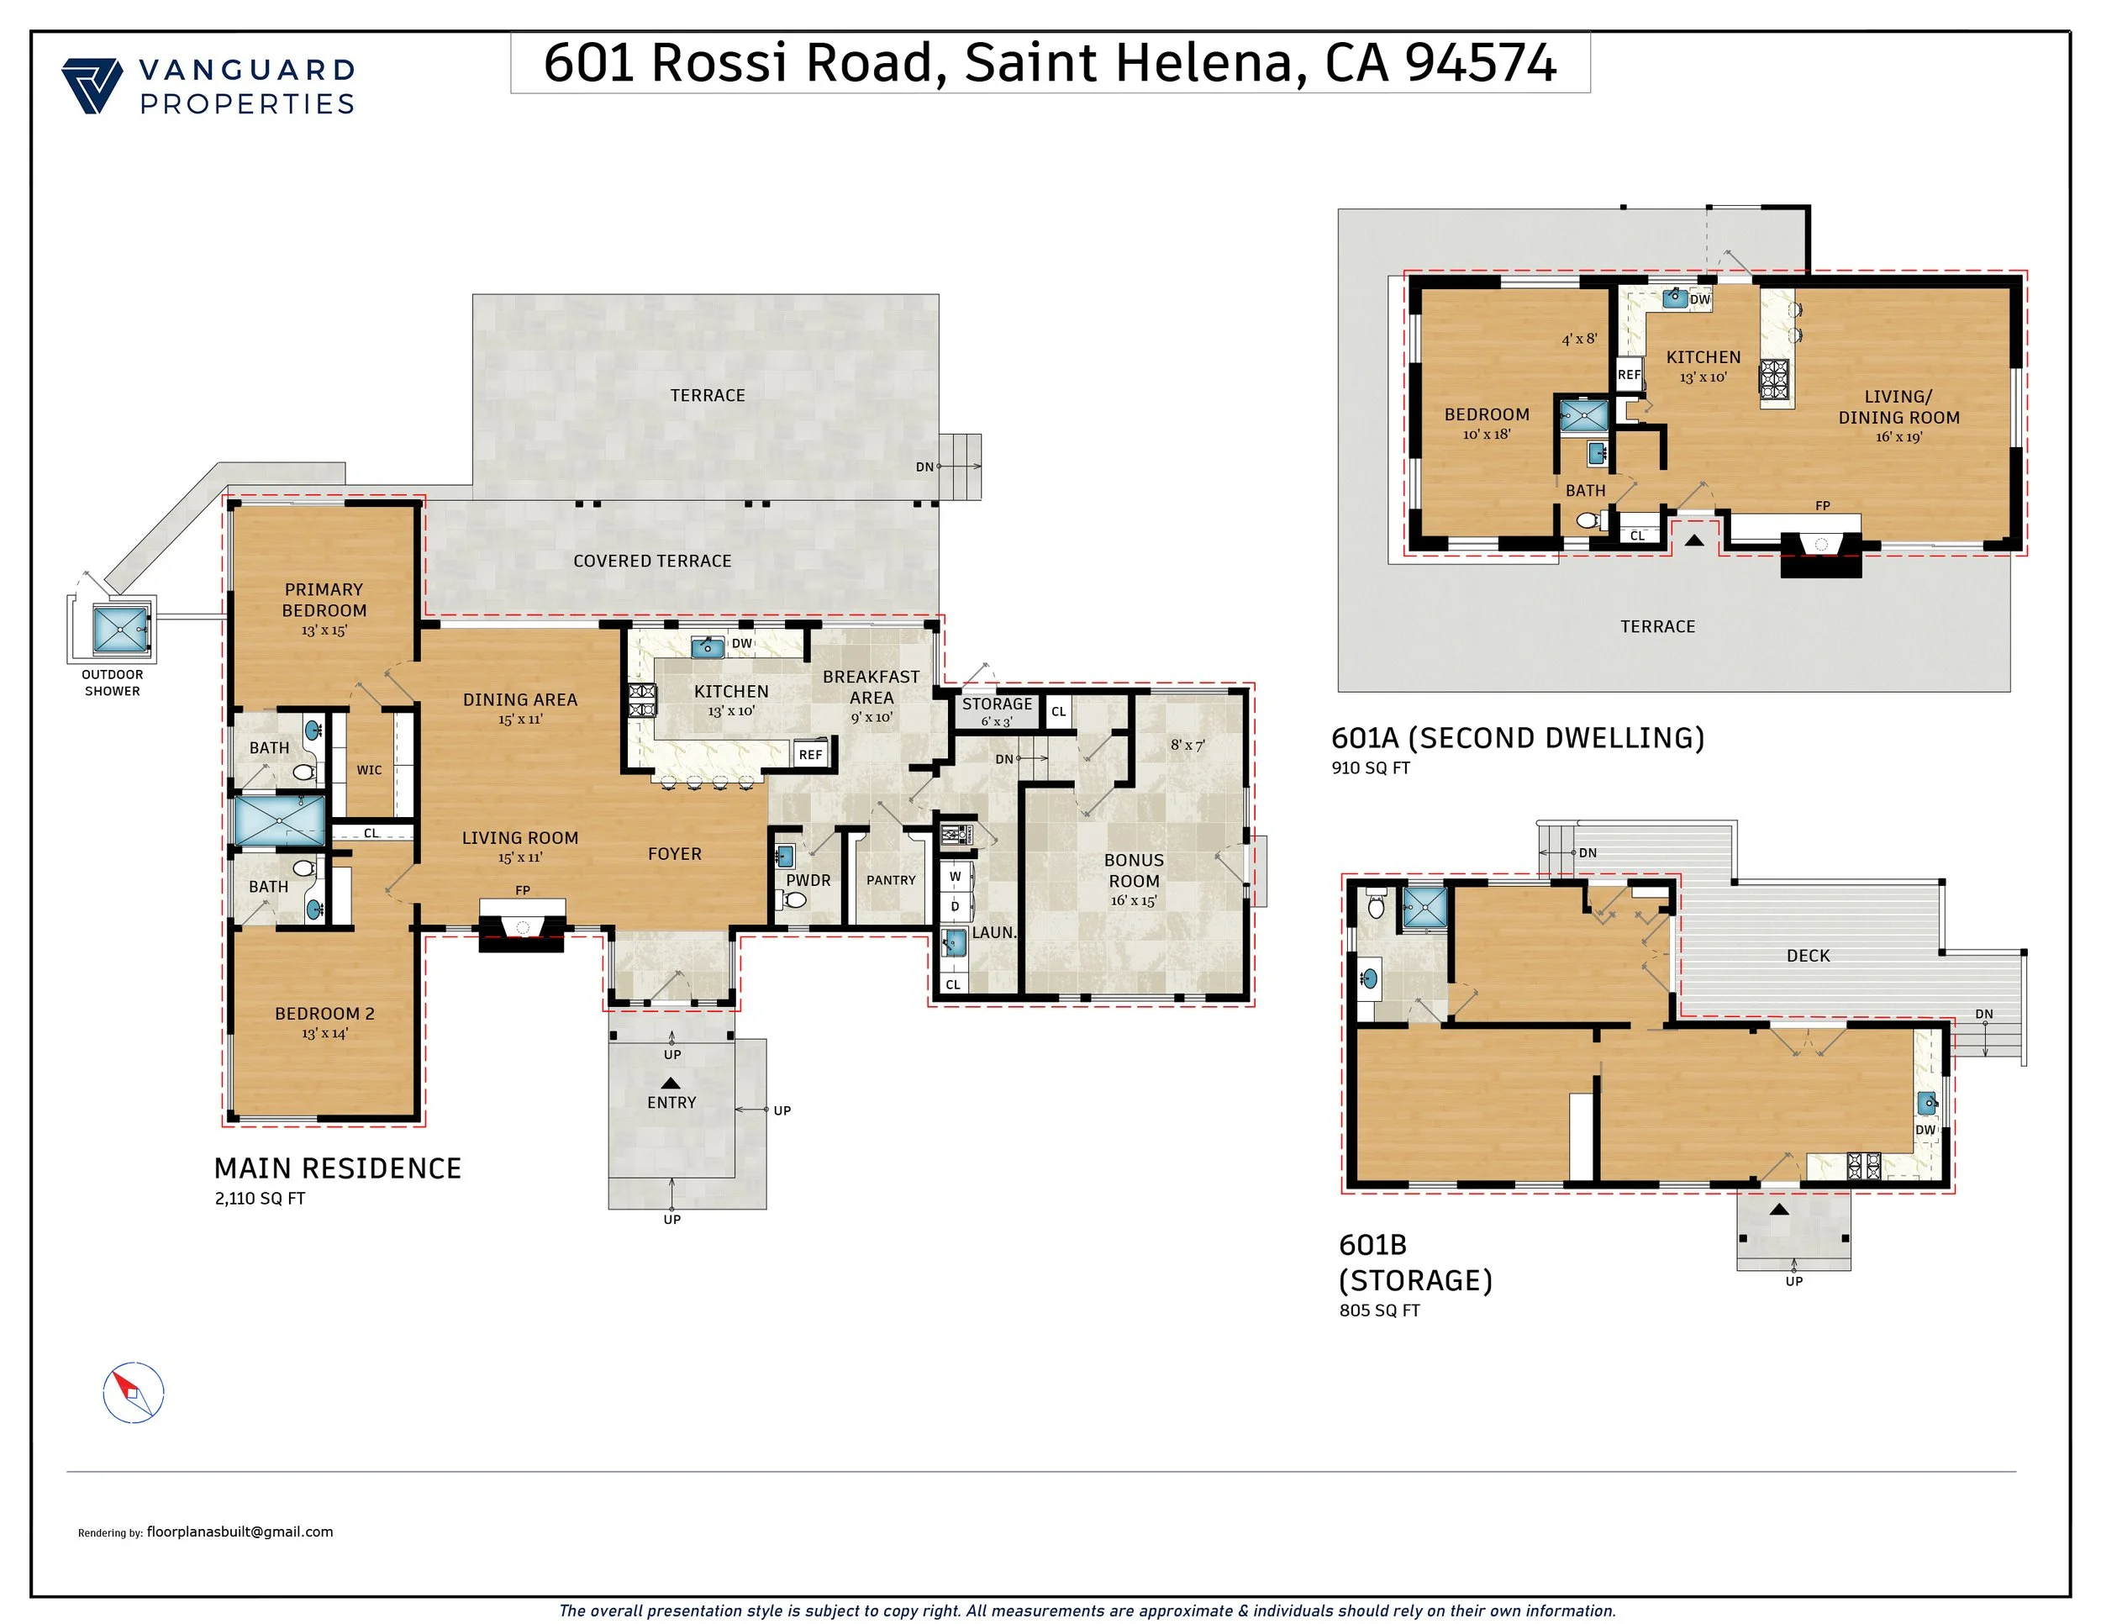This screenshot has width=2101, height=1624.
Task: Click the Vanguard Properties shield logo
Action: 92,87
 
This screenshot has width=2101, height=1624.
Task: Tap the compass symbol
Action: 134,1392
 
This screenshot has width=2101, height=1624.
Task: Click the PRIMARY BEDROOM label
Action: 324,599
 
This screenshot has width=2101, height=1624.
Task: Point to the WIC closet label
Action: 370,770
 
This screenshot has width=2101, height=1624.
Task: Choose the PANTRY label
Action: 891,880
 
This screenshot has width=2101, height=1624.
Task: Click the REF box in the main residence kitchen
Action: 811,754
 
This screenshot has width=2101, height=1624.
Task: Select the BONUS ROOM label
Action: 1135,871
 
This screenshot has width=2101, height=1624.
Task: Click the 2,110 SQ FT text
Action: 260,1199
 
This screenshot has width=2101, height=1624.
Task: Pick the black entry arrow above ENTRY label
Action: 671,1084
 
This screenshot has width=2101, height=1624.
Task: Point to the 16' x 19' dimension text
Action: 1899,437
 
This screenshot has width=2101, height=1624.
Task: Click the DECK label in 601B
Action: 1809,956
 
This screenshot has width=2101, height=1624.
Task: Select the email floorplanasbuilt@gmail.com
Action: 240,1532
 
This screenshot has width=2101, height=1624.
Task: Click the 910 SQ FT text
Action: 1371,767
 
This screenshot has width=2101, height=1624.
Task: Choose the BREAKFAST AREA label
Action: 871,687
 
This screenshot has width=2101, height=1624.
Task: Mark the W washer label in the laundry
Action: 956,877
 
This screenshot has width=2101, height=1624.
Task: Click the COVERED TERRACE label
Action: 652,561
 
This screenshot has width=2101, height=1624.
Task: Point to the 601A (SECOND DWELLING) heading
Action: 1518,738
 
